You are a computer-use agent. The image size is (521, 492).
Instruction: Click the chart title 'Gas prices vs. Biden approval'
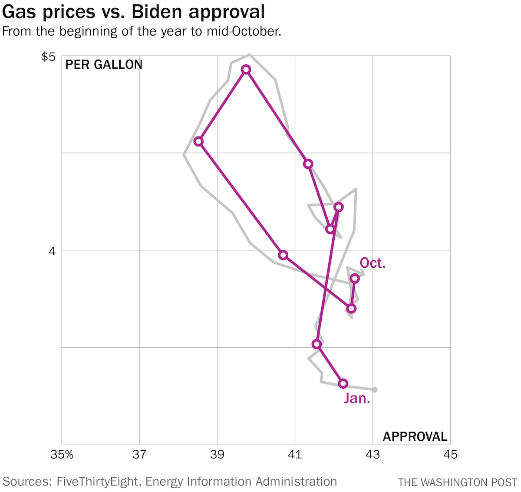point(133,12)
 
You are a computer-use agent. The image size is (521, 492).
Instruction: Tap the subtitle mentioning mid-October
point(142,32)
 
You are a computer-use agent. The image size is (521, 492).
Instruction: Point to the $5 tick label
point(49,57)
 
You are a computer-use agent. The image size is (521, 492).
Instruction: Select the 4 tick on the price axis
point(52,251)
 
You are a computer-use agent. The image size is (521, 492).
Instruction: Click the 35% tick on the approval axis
point(62,455)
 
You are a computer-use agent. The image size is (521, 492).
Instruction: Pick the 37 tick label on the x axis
point(139,455)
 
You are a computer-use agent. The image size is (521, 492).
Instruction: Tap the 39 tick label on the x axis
point(217,455)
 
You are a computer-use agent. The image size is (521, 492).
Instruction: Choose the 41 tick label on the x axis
point(295,455)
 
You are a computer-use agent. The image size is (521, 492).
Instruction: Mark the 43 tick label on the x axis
point(373,455)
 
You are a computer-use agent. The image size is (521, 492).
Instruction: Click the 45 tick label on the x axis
point(450,455)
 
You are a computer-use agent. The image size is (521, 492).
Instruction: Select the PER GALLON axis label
point(104,65)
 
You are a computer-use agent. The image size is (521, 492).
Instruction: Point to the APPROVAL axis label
point(415,436)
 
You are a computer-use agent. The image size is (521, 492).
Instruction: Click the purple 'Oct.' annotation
point(373,263)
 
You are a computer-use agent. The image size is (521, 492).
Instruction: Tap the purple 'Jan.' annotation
point(357,399)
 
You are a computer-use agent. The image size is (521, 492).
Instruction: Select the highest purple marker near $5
point(246,70)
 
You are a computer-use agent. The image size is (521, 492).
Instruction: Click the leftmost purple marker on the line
point(198,141)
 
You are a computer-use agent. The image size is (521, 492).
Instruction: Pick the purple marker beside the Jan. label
point(343,383)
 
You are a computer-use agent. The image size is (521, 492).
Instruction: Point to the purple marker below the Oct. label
point(355,279)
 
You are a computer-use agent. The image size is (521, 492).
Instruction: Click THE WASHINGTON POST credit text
point(457,482)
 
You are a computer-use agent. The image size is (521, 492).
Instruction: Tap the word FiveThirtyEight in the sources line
point(97,482)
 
